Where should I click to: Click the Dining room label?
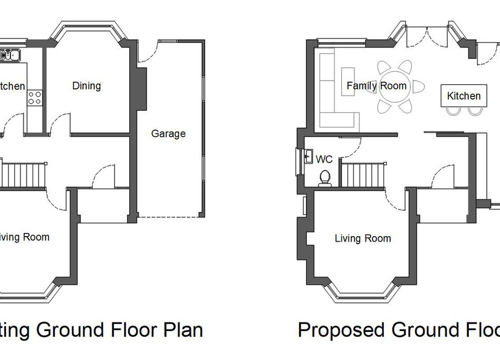[x=86, y=85]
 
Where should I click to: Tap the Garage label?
[x=168, y=133]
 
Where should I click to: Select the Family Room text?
[x=376, y=85]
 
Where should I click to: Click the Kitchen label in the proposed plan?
[x=464, y=96]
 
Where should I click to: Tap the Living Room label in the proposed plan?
[x=363, y=238]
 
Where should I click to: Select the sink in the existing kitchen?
[x=11, y=54]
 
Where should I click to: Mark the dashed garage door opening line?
[x=169, y=217]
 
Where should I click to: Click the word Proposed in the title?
[x=340, y=329]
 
